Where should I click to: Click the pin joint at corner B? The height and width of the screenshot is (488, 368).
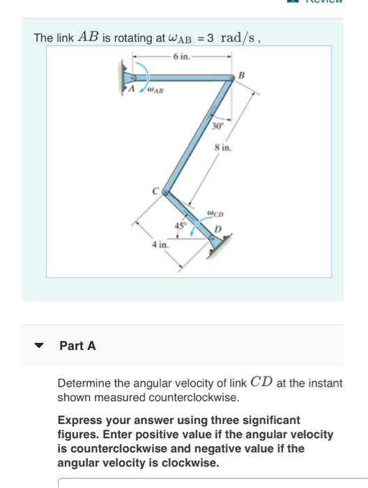(x=231, y=79)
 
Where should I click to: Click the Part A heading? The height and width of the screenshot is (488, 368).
(x=77, y=344)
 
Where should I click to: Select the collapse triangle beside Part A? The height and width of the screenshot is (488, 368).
(x=40, y=345)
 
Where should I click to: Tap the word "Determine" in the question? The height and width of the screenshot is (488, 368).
(x=83, y=383)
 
